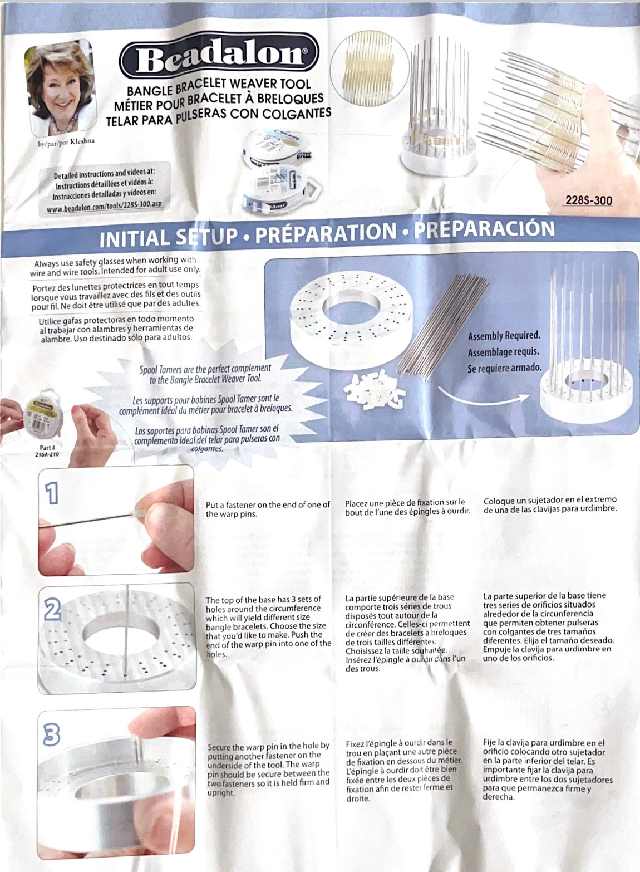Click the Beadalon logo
[219, 56]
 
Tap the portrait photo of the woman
[60, 88]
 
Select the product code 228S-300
[589, 200]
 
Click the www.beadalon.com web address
[104, 205]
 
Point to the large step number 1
[52, 493]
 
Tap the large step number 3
[51, 734]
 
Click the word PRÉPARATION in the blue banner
[326, 233]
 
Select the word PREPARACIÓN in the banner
[484, 229]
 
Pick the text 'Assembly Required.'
[504, 336]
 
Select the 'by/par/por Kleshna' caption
[66, 143]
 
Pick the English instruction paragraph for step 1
[268, 509]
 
